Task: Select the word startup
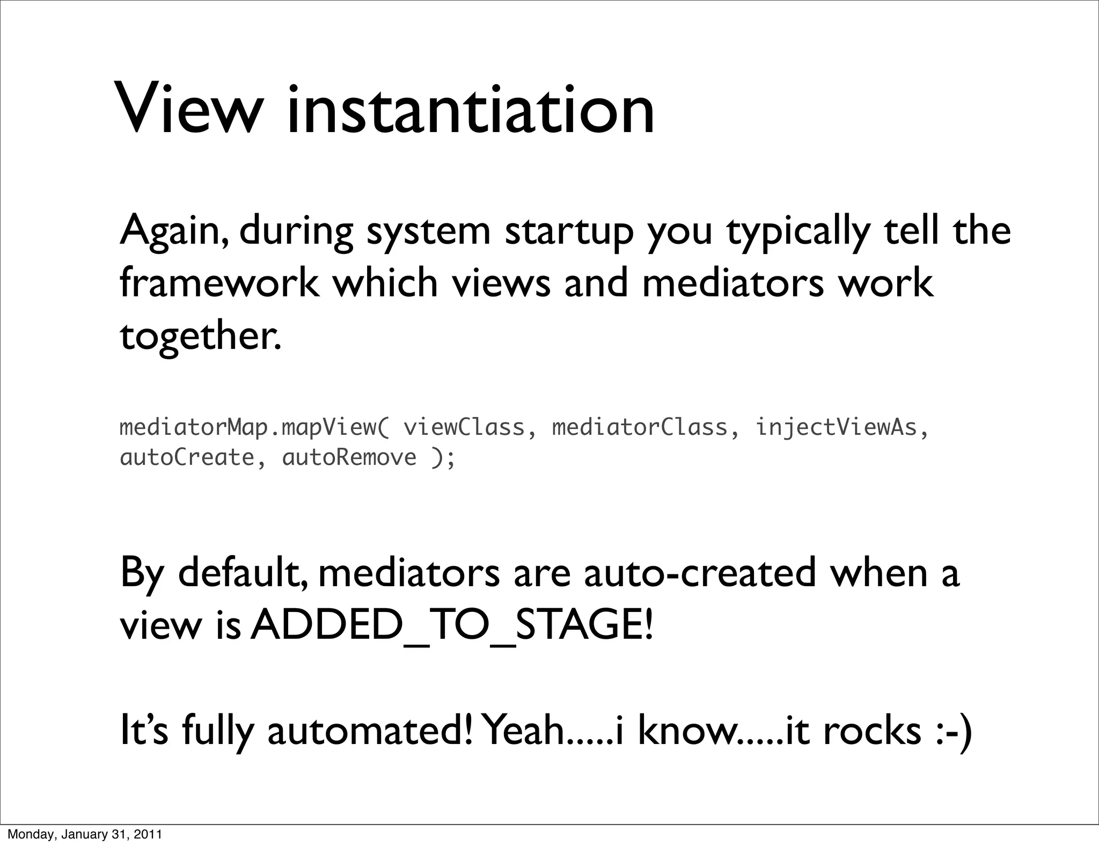[x=569, y=231]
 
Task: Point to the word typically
[x=797, y=231]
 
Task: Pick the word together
[x=200, y=336]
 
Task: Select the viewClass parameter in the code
[x=464, y=428]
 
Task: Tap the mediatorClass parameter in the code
[x=640, y=428]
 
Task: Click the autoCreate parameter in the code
[x=187, y=458]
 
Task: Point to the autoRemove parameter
[x=349, y=458]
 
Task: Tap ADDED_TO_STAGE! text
[x=452, y=626]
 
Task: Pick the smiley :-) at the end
[x=953, y=731]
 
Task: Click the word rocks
[x=871, y=731]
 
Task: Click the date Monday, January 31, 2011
[x=84, y=834]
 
